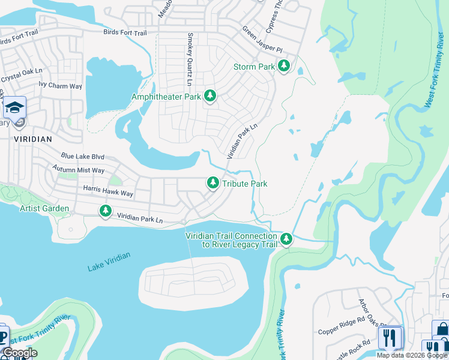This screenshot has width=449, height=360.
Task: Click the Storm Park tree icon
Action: coord(284,67)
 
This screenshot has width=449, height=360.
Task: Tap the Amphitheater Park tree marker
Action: coord(209,96)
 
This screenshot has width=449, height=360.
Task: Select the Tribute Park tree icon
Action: coord(212,183)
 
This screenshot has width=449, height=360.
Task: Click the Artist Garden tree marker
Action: coord(106,210)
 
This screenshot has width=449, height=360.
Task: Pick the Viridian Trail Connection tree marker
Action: coord(286,239)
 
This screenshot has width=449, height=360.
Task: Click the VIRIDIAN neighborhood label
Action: coord(31,138)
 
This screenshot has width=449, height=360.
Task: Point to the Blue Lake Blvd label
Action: coord(82,157)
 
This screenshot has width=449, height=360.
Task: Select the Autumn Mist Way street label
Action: coord(78,170)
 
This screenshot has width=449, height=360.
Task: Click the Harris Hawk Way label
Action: coord(108,193)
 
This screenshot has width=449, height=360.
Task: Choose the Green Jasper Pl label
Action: coord(262,39)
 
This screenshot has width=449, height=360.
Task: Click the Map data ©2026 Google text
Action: coord(411,355)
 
